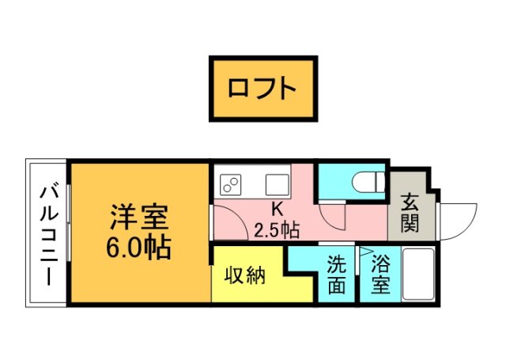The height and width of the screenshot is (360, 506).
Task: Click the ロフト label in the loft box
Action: click(x=262, y=88)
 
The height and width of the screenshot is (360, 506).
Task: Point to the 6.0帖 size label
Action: click(x=139, y=247)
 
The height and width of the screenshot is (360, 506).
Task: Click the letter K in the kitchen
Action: click(x=277, y=210)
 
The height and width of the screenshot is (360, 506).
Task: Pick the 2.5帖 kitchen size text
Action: click(x=277, y=230)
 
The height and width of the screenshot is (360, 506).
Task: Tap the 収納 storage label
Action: click(x=244, y=276)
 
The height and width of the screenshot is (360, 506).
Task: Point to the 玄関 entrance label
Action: click(x=410, y=214)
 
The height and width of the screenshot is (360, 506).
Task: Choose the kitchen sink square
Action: click(x=277, y=185)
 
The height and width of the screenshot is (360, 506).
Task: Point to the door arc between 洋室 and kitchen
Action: click(x=229, y=222)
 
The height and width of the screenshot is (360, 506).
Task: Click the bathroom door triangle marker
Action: click(x=366, y=253)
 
